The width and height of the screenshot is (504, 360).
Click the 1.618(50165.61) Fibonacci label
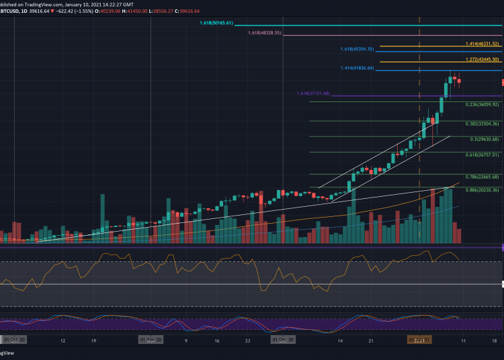[x=216, y=23]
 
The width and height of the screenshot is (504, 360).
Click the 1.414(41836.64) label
[x=356, y=69]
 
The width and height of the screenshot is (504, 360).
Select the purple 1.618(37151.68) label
[x=313, y=93]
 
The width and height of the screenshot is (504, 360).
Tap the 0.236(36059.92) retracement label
[x=482, y=104]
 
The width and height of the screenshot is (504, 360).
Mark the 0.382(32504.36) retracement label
[x=482, y=124]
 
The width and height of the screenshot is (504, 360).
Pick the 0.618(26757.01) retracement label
[x=482, y=154]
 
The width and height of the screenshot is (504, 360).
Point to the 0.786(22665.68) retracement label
[x=482, y=177]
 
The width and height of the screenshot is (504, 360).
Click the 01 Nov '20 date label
[x=151, y=341]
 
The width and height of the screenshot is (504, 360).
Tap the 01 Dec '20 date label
[x=283, y=341]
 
